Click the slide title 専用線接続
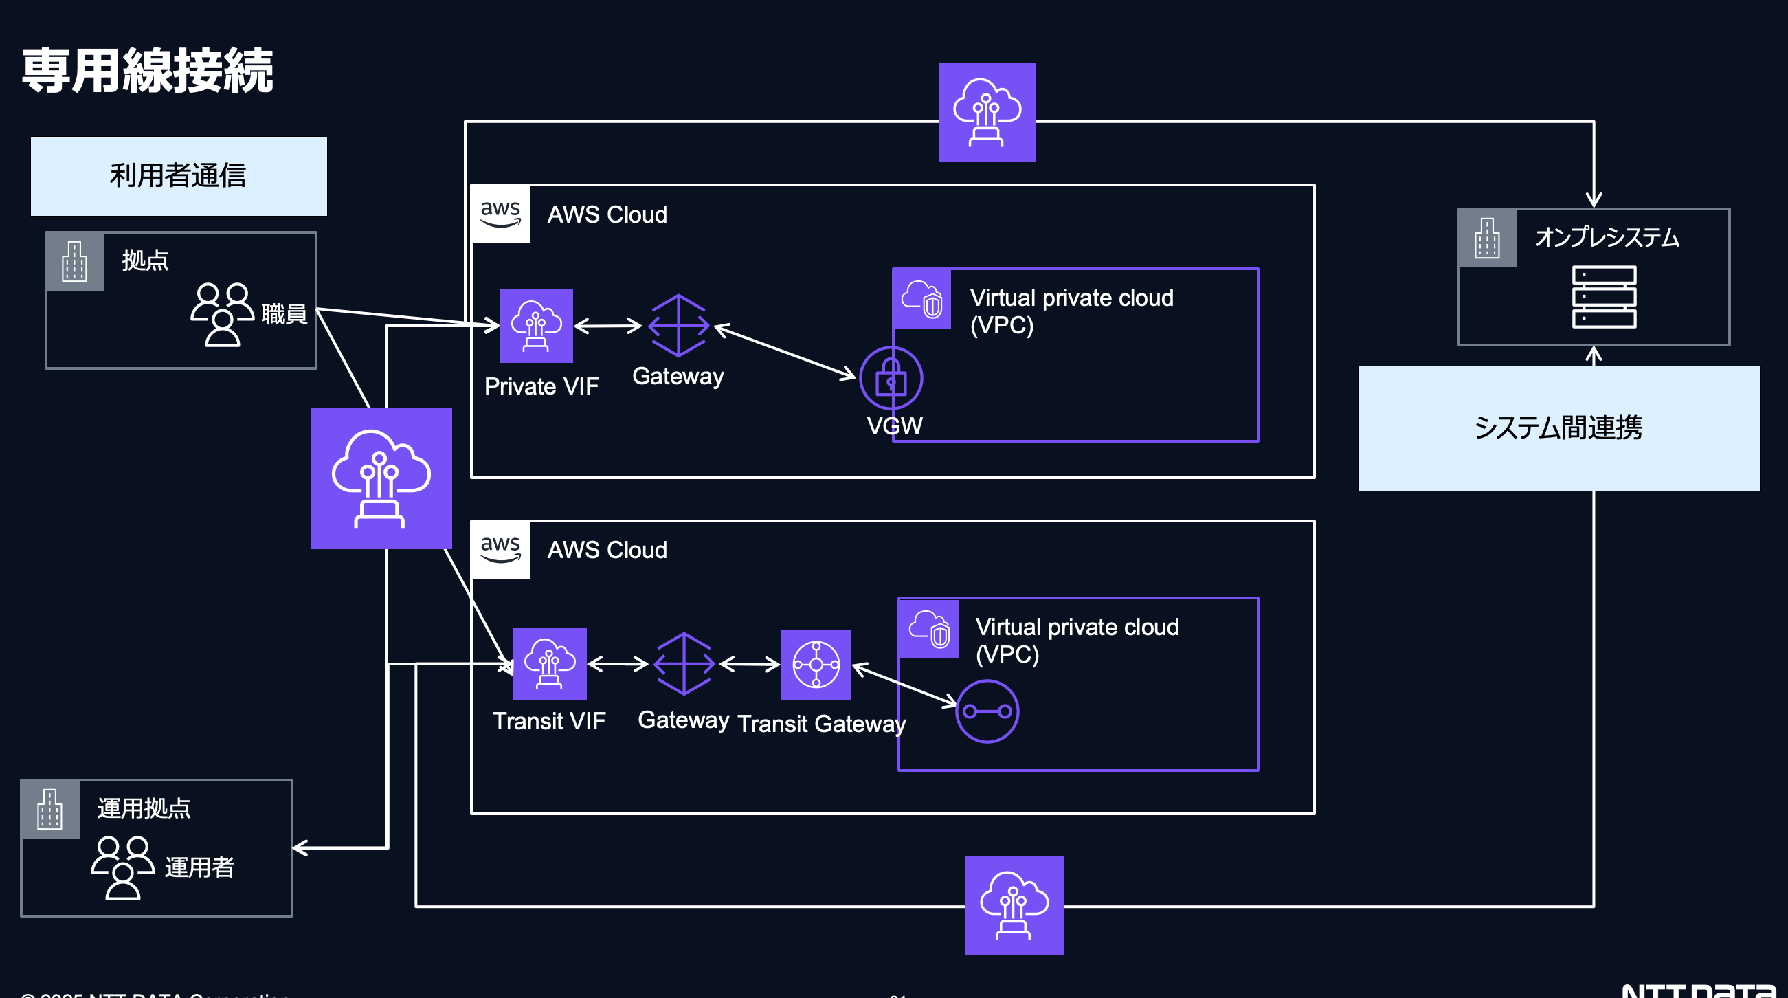coord(147,71)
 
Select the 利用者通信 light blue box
coord(179,176)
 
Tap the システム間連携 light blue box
coord(1558,428)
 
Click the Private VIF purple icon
coord(537,326)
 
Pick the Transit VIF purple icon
coord(550,663)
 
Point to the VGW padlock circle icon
coord(891,378)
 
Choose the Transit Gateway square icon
coord(816,664)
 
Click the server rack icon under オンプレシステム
coord(1603,296)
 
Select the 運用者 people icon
coord(123,867)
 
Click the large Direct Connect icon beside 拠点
coord(381,478)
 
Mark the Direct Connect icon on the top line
coord(987,113)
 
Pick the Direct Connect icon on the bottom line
coord(1014,905)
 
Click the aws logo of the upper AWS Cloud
coord(500,214)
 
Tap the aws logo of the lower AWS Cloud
coord(500,549)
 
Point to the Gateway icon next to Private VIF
coord(679,325)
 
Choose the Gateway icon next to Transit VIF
coord(684,663)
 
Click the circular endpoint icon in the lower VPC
coord(987,711)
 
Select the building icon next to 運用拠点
coord(50,809)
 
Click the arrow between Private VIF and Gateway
coord(608,326)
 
